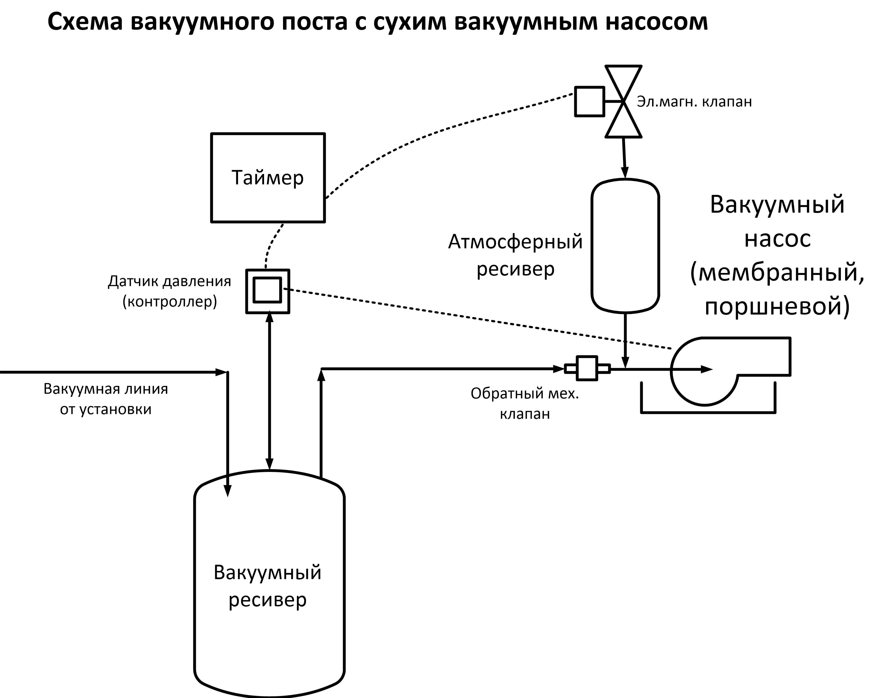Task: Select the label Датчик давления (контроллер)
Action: click(x=170, y=291)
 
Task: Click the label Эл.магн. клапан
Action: click(x=694, y=102)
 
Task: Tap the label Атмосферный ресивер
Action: click(x=515, y=255)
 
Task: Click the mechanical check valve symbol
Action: click(x=587, y=368)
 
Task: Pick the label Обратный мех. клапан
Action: click(x=524, y=403)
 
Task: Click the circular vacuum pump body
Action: click(x=704, y=371)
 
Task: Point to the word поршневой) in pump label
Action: click(x=777, y=306)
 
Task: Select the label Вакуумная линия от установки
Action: click(x=106, y=399)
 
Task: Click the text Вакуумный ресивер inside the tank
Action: click(x=267, y=587)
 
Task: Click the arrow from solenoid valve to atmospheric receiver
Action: click(x=624, y=158)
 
